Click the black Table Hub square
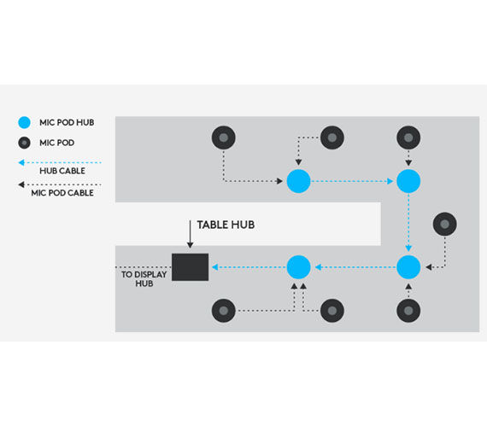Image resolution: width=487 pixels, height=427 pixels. click(x=190, y=267)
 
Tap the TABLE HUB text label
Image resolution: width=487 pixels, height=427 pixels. click(x=226, y=225)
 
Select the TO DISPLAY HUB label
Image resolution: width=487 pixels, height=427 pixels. click(x=144, y=279)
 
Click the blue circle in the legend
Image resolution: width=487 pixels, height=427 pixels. click(x=24, y=122)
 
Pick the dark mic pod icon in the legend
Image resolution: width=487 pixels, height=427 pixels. click(x=24, y=143)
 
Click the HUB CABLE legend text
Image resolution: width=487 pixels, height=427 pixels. click(x=62, y=171)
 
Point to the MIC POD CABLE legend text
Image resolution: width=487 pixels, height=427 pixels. click(x=62, y=193)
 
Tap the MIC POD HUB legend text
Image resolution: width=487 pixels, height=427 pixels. click(x=67, y=122)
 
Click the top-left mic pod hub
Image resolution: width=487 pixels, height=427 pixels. click(x=298, y=181)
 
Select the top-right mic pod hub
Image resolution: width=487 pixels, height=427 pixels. click(x=408, y=181)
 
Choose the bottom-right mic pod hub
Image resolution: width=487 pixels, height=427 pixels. click(x=408, y=267)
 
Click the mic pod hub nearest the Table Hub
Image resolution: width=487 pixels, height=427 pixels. click(x=298, y=267)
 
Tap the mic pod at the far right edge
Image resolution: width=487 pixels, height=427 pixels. click(x=445, y=224)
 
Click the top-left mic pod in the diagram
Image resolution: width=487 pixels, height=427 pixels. click(x=224, y=137)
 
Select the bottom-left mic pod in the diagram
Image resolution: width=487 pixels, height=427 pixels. click(x=224, y=311)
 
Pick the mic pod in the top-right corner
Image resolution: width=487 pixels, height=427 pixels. click(x=408, y=137)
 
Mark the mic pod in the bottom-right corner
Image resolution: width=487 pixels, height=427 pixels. click(x=408, y=311)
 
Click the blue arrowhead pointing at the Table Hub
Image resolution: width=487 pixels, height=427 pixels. click(x=215, y=267)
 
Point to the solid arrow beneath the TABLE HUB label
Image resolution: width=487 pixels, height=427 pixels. click(x=190, y=234)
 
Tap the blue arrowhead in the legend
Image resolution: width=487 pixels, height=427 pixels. click(x=21, y=162)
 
